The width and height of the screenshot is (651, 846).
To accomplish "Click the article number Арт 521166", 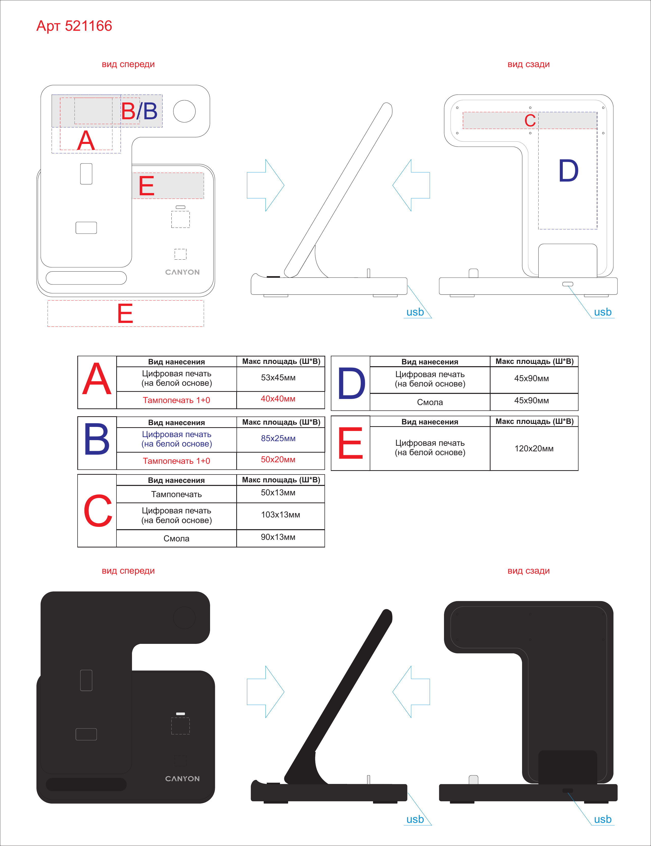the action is (x=74, y=26).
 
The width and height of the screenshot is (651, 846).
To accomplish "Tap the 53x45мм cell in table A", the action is (x=278, y=378).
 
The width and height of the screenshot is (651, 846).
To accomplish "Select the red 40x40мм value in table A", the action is (x=278, y=399).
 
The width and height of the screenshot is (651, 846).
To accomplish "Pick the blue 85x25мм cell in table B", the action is (x=278, y=438).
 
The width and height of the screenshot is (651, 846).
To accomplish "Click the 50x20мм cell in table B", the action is (x=278, y=459).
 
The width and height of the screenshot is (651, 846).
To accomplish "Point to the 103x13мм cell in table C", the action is (x=280, y=515).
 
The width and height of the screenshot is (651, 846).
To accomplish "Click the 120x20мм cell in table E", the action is (x=534, y=449).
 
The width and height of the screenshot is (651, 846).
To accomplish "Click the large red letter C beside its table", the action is (x=98, y=511).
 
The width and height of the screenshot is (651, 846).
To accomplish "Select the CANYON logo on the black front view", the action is (x=182, y=779).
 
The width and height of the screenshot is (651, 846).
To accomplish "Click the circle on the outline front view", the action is (x=184, y=111).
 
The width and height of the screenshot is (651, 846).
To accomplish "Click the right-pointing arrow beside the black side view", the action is (x=266, y=692).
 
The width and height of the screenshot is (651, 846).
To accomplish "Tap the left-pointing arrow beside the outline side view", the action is (x=411, y=185).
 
